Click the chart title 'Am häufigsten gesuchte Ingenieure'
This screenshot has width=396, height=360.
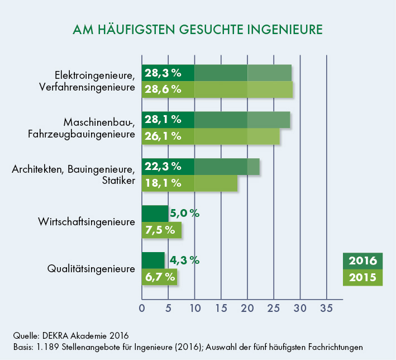coord(198,29)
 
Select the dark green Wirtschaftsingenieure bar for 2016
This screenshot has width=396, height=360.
coord(155,214)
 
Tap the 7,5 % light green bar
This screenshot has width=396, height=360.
coord(161,229)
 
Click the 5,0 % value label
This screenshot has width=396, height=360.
coord(184,213)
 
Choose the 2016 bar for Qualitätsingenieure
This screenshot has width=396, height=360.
coord(153,260)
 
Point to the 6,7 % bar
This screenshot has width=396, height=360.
coord(159,276)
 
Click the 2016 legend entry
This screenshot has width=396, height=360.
coord(362,260)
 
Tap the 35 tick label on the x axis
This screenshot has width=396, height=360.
coord(326,308)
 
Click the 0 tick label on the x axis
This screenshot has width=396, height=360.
coord(142,308)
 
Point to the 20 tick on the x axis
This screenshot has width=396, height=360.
coord(247,308)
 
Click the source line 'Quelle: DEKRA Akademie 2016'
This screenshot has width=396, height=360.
coord(71,335)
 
